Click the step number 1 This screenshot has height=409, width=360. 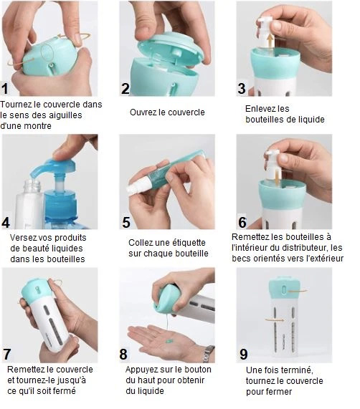pos(5,89)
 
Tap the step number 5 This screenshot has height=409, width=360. pos(126,223)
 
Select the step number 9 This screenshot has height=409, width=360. pos(243,355)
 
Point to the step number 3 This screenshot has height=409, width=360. pos(242,88)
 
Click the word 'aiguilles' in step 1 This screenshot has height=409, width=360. pos(66,115)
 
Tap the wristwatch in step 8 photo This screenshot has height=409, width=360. pos(209,353)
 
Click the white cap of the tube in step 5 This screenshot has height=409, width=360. pos(136,186)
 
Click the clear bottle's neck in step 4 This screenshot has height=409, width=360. pos(33,186)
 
